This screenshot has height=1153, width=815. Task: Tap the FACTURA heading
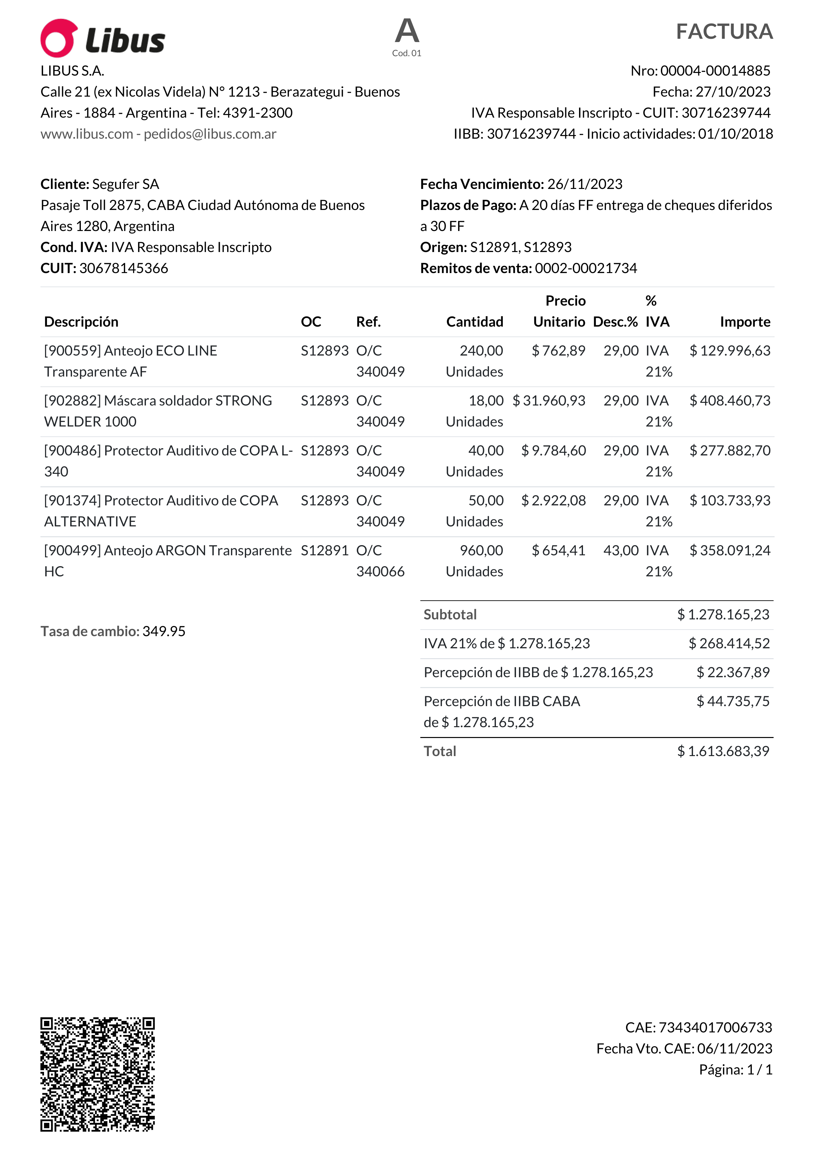724,32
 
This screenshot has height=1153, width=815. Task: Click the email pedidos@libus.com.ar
210,134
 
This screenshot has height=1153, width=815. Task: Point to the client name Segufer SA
126,184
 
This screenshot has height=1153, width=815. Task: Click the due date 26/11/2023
585,184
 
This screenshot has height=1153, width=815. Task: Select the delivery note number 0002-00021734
586,268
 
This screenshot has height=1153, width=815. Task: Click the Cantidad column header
475,322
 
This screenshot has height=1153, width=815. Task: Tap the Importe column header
745,322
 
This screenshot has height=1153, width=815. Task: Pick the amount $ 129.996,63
730,351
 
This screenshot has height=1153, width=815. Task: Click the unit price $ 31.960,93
549,401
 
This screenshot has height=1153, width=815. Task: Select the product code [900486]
73,450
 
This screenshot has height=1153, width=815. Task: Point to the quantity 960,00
481,550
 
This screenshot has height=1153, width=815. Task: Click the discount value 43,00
621,550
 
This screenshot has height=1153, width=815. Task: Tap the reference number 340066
380,571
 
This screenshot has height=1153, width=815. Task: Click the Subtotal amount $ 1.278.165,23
723,615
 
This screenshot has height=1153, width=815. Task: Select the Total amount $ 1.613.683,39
723,751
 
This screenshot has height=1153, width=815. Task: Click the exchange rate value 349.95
164,631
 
